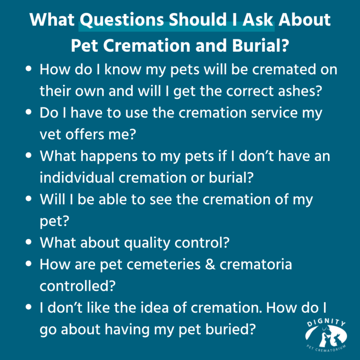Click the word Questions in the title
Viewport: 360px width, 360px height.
121,20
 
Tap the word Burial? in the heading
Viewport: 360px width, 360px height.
261,45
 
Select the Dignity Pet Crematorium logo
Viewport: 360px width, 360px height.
326,335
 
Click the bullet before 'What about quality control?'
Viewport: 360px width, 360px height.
28,242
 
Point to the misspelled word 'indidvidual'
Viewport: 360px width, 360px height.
77,177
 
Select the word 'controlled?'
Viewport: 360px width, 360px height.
77,286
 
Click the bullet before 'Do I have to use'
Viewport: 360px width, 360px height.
28,112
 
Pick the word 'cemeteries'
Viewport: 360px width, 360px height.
163,264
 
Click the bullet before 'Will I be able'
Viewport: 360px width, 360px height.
28,198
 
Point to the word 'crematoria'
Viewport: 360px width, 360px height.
256,264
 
